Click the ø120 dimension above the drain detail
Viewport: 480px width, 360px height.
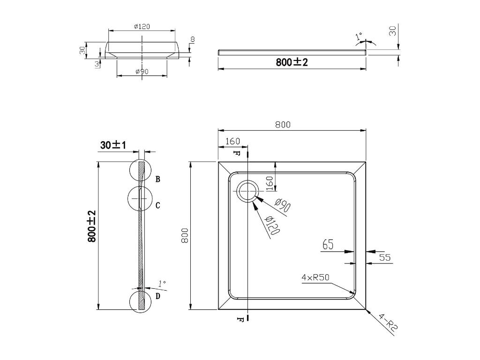(x=142, y=27)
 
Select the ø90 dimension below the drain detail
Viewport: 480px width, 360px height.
(x=142, y=71)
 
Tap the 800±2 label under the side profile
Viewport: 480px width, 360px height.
(x=292, y=62)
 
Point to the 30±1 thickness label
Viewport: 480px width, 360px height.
(x=113, y=145)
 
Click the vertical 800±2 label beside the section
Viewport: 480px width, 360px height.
(x=91, y=226)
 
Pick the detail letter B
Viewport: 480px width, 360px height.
(x=157, y=179)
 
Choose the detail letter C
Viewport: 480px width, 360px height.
(x=157, y=205)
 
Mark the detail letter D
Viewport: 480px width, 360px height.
(x=157, y=296)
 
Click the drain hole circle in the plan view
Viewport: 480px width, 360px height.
(x=248, y=191)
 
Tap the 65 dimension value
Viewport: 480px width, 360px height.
(x=328, y=245)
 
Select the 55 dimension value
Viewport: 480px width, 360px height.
(x=385, y=257)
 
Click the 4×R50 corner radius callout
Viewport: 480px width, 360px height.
(x=315, y=277)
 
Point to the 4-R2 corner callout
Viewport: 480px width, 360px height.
(x=388, y=322)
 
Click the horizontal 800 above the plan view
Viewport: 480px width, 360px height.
(x=283, y=125)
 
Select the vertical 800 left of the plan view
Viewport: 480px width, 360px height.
(x=185, y=235)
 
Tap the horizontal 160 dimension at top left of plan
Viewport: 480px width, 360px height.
(x=232, y=141)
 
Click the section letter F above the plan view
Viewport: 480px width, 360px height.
(x=236, y=152)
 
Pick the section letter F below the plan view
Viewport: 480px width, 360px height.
(x=240, y=320)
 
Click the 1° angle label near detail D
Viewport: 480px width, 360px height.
(x=162, y=283)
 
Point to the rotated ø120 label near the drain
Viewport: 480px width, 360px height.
(x=272, y=225)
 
